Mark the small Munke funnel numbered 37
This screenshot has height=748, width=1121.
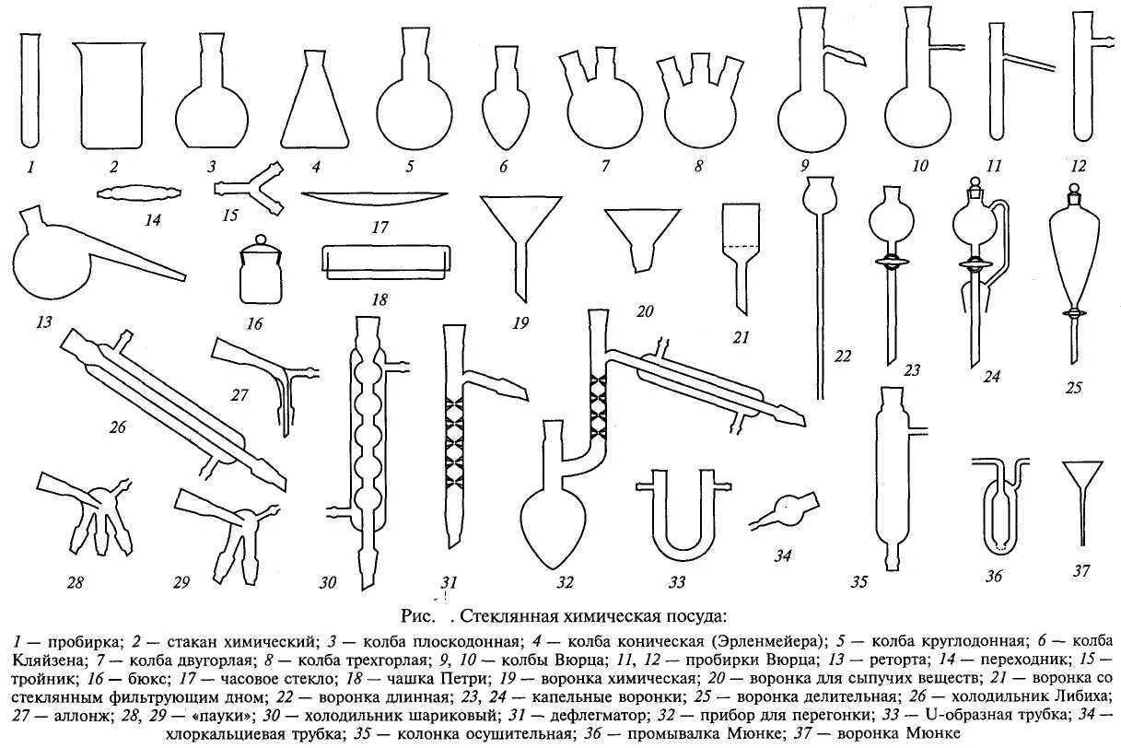click(x=1083, y=497)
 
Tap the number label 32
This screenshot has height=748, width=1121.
click(x=565, y=583)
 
